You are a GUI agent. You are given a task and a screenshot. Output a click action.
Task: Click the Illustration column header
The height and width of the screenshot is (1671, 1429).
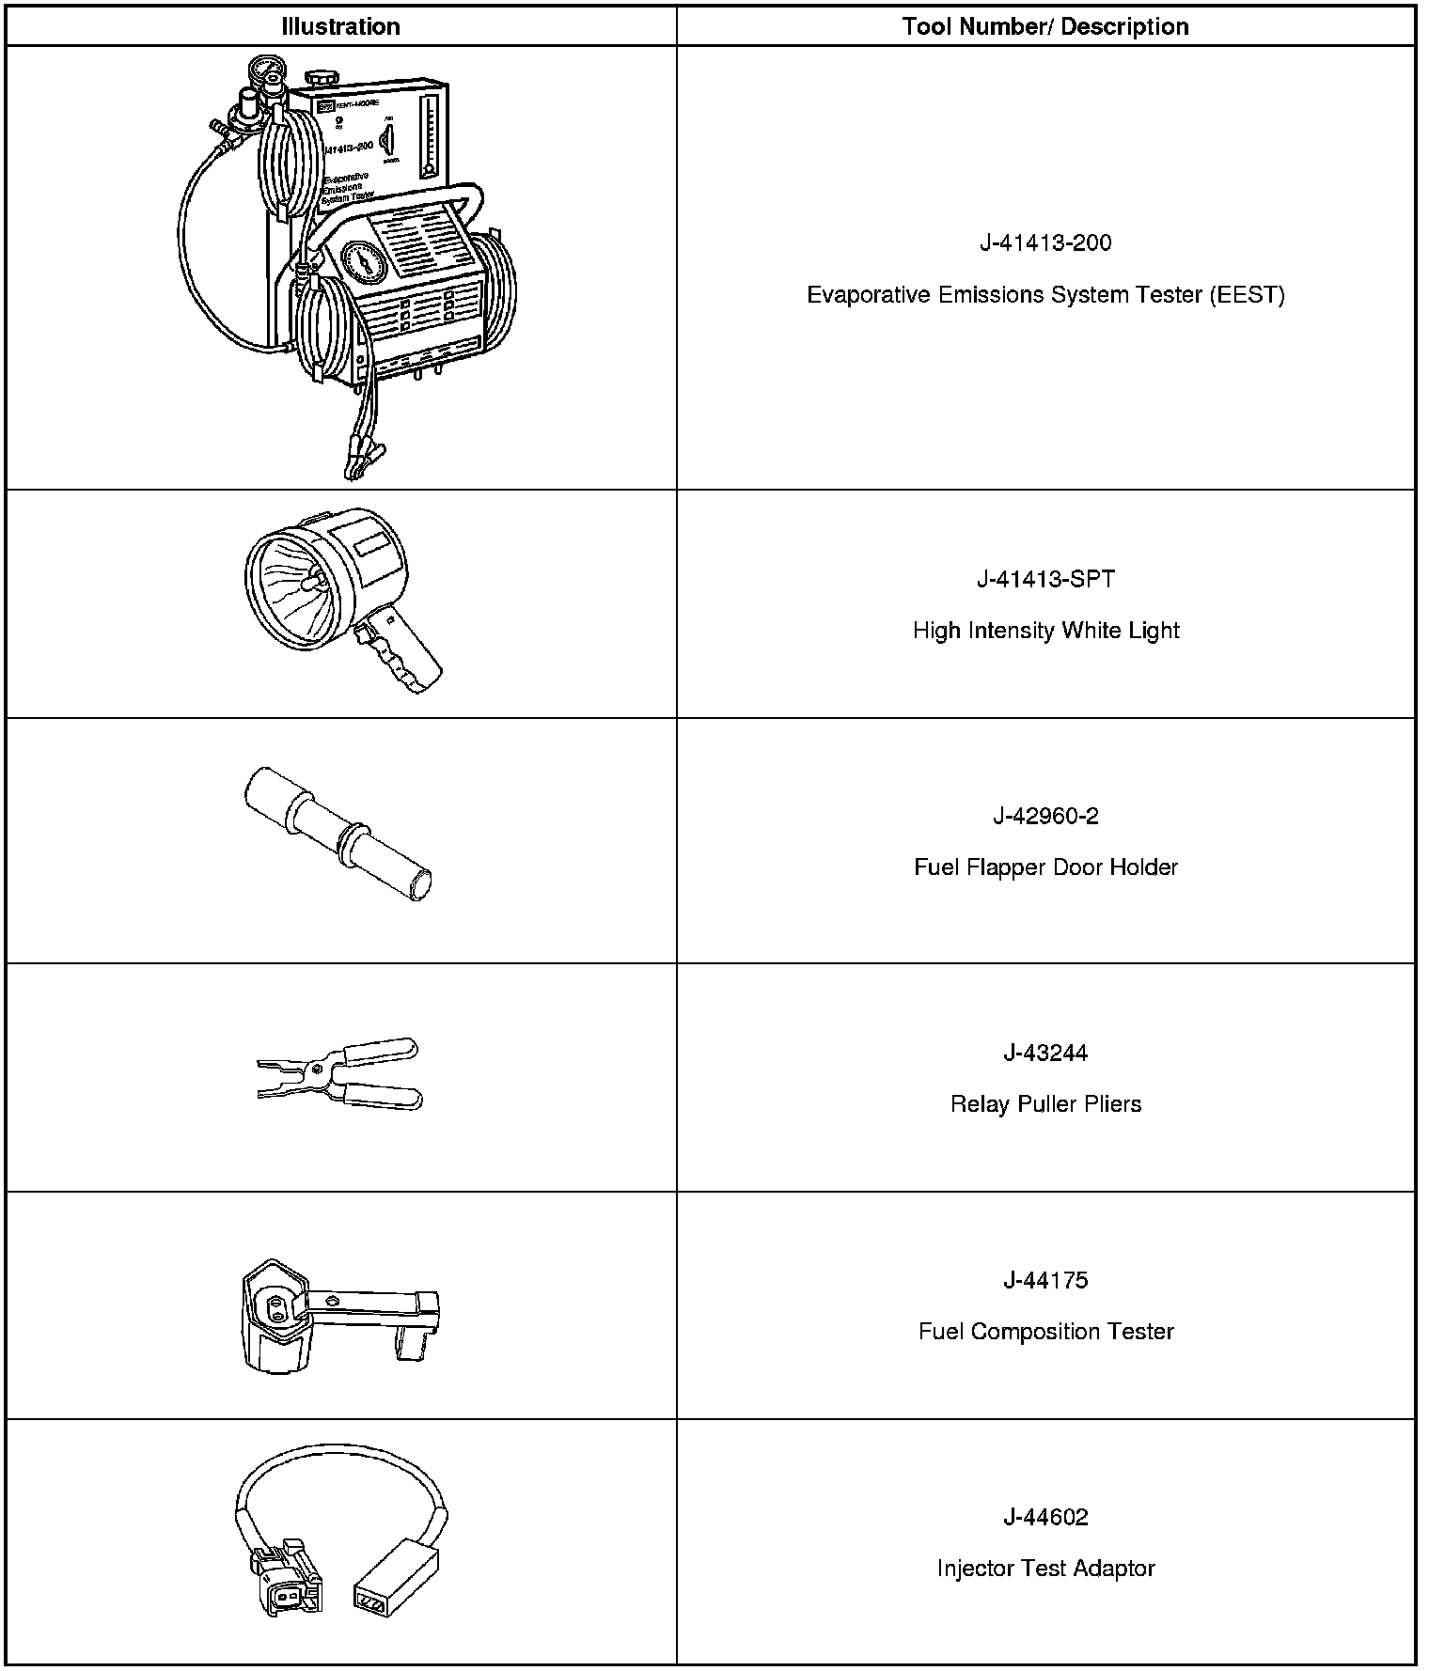tap(340, 26)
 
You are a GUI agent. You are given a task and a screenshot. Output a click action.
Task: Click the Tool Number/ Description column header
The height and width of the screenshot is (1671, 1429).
tap(1045, 26)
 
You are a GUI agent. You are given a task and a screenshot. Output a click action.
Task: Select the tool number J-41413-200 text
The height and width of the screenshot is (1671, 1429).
tap(1045, 243)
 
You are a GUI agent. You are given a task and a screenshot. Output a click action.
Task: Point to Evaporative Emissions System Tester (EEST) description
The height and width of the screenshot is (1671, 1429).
tap(1045, 295)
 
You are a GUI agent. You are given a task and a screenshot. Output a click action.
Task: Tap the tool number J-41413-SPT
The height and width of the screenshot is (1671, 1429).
tap(1045, 579)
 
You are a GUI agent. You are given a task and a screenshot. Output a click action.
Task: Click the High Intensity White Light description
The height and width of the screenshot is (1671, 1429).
tap(1045, 630)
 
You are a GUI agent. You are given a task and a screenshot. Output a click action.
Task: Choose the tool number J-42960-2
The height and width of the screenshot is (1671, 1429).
tap(1045, 816)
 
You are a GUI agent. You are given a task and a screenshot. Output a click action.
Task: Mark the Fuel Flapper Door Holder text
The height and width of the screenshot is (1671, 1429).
tap(1045, 867)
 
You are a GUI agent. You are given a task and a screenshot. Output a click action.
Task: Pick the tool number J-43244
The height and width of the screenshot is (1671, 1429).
tap(1045, 1053)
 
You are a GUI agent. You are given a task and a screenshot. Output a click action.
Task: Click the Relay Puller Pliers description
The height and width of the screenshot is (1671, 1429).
tap(1045, 1103)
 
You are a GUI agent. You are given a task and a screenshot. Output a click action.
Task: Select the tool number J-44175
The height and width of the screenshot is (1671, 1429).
tap(1045, 1280)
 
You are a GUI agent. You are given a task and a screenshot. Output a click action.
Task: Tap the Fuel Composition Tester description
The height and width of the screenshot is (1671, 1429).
tap(1045, 1332)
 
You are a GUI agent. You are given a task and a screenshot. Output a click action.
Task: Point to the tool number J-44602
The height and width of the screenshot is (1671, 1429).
tap(1045, 1517)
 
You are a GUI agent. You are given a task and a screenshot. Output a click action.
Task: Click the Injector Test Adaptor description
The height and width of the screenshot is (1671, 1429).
tap(1045, 1568)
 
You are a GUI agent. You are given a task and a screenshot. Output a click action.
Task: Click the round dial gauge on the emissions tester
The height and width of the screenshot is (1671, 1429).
tap(364, 264)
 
